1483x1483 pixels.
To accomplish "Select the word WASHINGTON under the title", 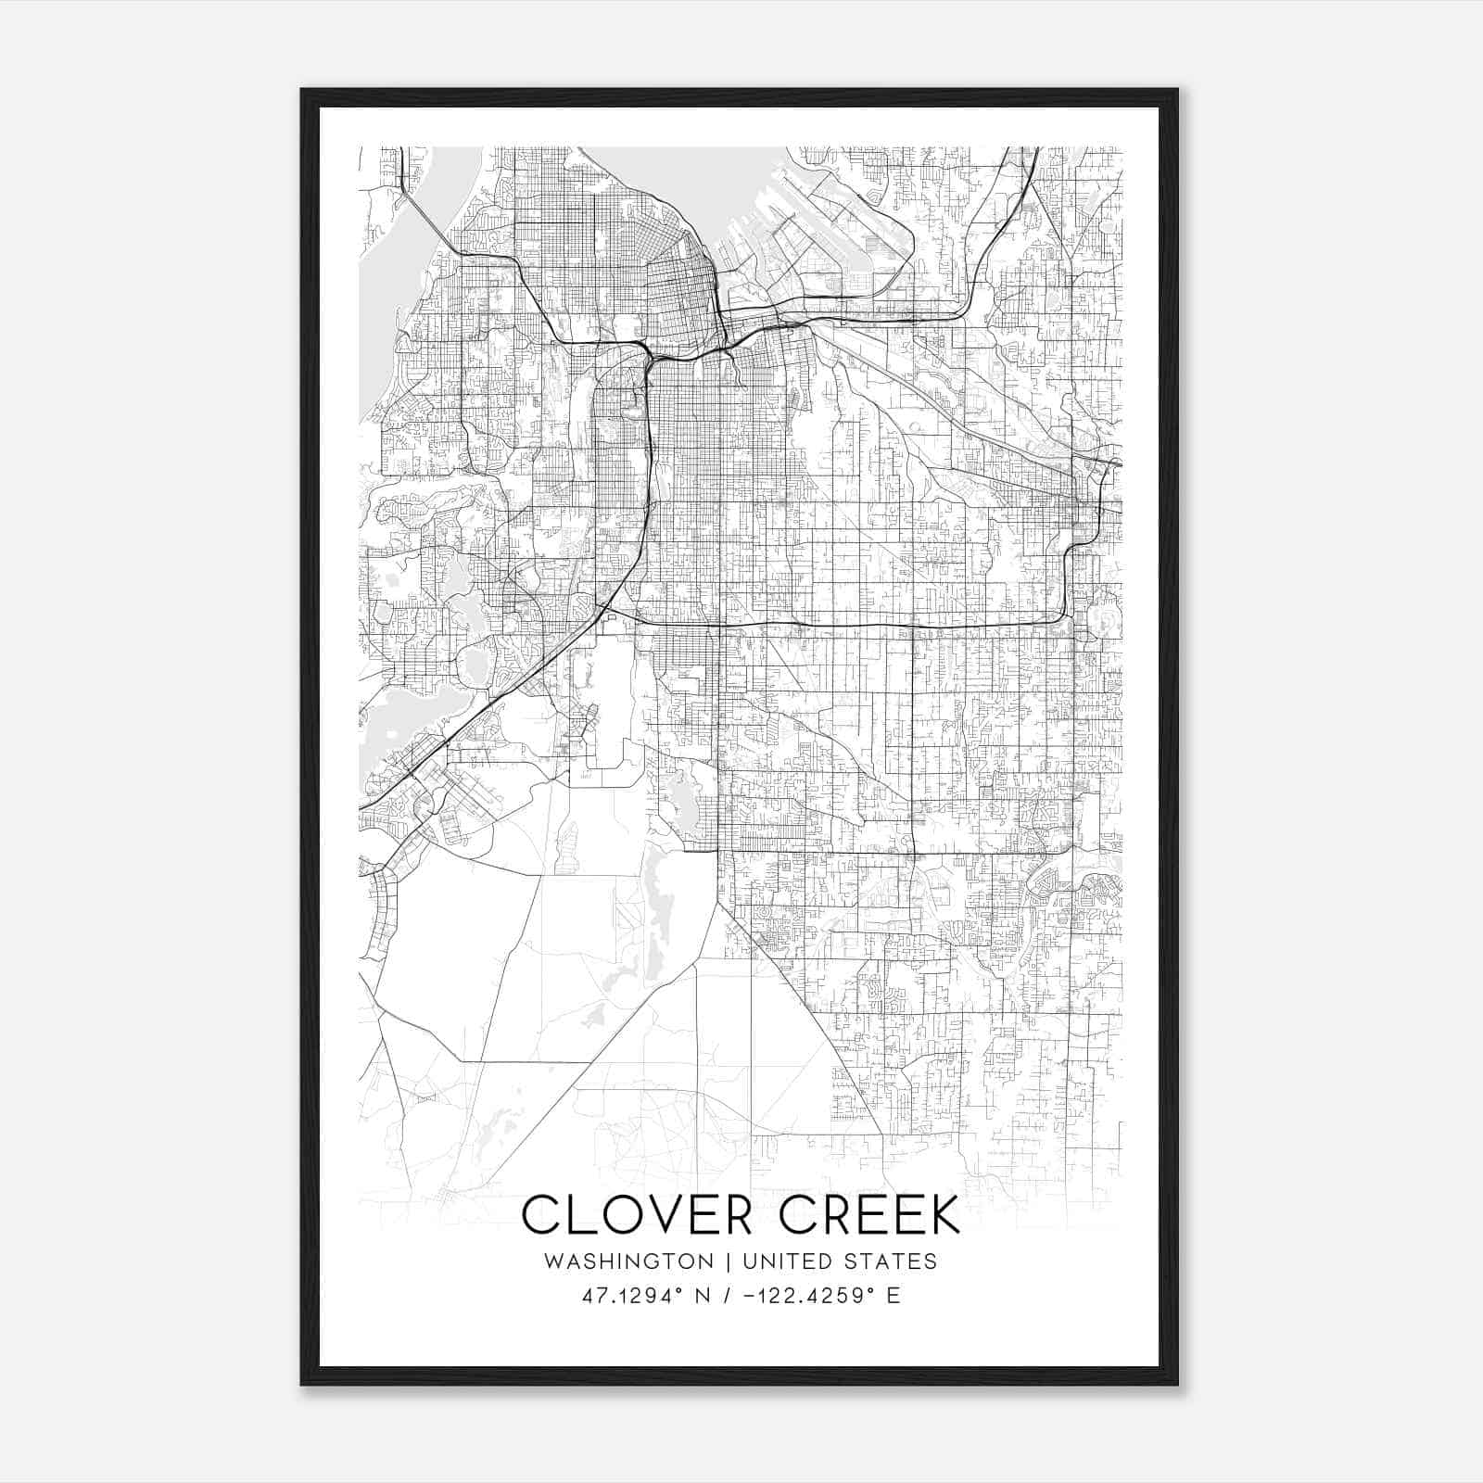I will click(629, 1261).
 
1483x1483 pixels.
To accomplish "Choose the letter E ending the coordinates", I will click(894, 1296).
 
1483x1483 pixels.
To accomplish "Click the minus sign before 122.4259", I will click(749, 1296).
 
